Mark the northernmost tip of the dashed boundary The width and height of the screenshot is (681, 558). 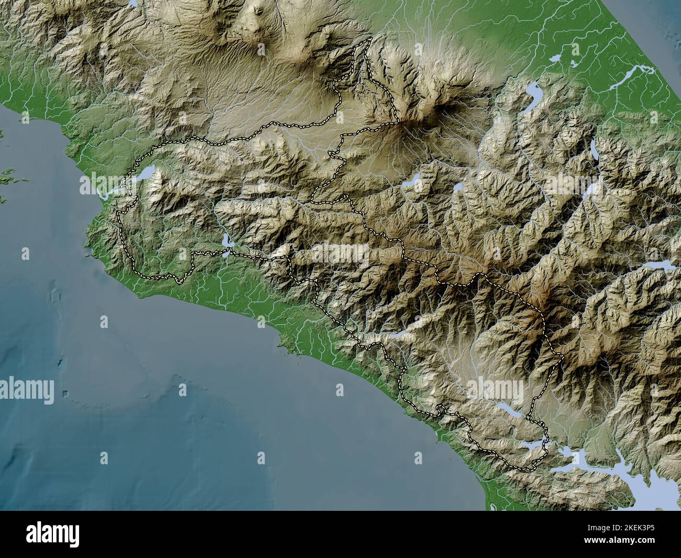(x=371, y=39)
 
